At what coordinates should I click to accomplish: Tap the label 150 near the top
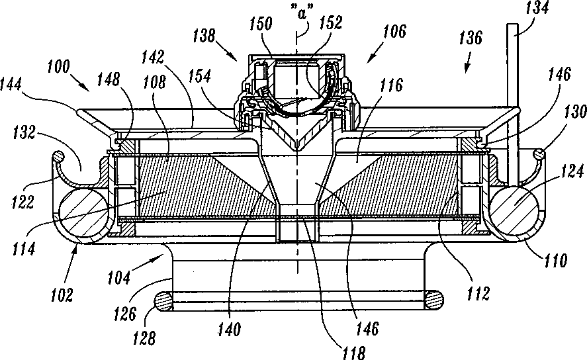(261, 25)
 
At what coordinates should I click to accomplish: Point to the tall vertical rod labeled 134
(512, 99)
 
